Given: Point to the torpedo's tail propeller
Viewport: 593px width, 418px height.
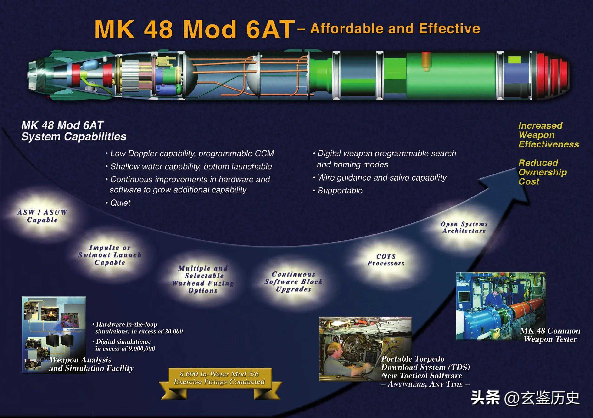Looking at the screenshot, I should coord(35,74).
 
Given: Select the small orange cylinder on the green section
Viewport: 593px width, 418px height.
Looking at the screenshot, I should coord(426,61).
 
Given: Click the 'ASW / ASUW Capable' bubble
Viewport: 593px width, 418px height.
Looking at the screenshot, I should coord(42,216).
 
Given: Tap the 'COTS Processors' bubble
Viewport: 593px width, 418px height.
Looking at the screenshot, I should coord(386,260).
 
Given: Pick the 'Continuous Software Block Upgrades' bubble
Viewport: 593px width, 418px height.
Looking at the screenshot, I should coord(293,281).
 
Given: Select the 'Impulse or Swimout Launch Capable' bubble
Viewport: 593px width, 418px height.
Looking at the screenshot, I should coord(110,255).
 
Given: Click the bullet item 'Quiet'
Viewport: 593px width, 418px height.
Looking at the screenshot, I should coord(120,203).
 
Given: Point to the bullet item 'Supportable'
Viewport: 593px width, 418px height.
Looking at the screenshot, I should coord(340,191).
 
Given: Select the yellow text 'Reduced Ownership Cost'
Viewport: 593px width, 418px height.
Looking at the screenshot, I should coord(542,172).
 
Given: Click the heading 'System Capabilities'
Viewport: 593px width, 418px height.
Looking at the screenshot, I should coord(74,137).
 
